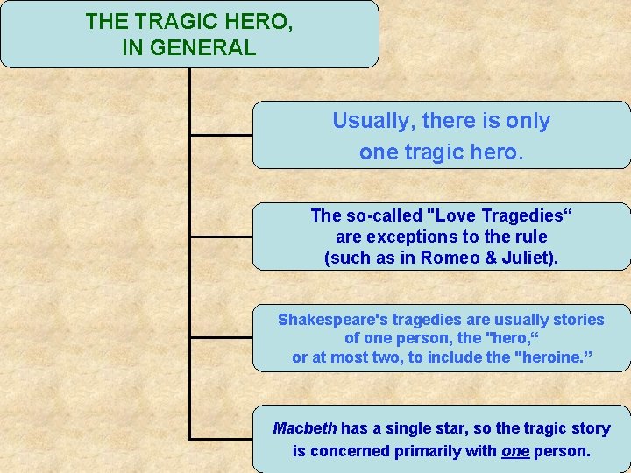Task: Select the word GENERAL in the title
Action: [203, 47]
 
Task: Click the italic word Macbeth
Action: [304, 428]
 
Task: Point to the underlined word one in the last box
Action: [514, 451]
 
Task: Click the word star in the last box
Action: [452, 428]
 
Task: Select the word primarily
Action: [428, 451]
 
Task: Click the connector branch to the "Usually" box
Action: [221, 136]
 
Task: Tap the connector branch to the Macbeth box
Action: [221, 438]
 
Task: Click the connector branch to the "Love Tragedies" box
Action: [221, 236]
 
